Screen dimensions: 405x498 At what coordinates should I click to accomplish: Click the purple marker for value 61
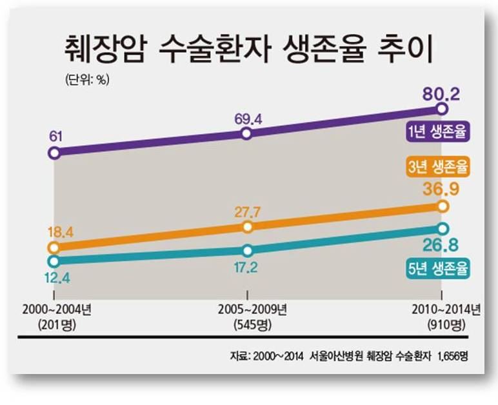point(54,153)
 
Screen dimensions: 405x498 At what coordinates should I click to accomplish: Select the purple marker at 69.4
point(246,133)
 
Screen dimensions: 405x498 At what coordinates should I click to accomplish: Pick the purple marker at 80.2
point(442,109)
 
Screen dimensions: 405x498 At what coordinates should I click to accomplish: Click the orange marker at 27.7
point(248,227)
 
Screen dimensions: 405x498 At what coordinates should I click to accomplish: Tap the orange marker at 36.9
point(442,206)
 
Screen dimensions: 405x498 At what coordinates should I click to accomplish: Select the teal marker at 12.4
point(54,261)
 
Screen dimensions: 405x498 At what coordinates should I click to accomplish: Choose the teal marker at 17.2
point(248,250)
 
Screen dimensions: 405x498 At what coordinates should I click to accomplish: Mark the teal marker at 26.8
point(442,228)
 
